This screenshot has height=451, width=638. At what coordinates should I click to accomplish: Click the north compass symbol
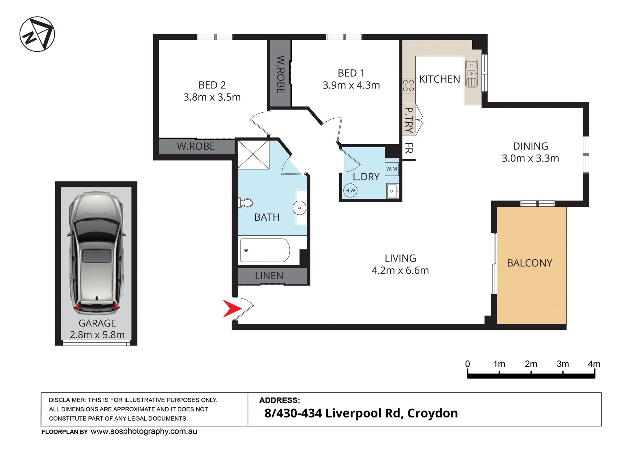(37, 34)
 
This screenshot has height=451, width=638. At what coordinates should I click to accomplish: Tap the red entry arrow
(232, 308)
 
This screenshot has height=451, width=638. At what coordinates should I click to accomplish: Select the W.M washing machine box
(392, 169)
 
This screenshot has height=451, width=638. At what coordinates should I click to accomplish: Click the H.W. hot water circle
(350, 190)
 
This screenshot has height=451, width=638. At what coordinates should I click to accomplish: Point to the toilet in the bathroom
(246, 202)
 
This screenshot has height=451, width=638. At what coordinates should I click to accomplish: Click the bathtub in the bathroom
(265, 250)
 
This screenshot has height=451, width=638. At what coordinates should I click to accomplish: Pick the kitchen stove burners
(408, 85)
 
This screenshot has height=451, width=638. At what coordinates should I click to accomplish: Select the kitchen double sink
(471, 73)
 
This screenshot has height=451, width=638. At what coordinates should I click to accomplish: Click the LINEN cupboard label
(269, 276)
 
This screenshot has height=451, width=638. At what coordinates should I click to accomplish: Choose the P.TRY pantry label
(409, 120)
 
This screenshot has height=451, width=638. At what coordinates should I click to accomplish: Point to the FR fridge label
(409, 148)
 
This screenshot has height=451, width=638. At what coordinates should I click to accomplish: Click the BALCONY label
(529, 263)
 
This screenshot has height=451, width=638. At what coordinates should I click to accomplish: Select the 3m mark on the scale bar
(563, 364)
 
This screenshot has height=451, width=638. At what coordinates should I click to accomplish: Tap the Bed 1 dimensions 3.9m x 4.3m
(351, 85)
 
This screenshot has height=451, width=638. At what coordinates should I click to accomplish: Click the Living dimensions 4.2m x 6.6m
(400, 270)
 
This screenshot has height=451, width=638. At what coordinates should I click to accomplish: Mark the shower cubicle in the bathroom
(253, 155)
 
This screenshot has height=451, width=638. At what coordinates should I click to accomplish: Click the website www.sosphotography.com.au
(144, 431)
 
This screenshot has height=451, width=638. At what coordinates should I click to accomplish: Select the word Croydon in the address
(433, 413)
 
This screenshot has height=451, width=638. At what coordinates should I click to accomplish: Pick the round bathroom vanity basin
(299, 208)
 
